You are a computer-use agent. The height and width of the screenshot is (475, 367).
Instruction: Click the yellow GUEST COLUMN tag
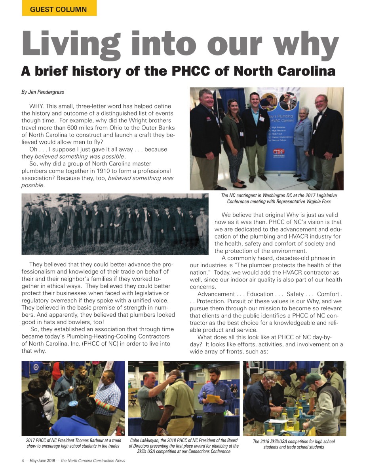click(x=59, y=9)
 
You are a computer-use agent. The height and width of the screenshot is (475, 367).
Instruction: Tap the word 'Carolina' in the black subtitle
click(x=301, y=71)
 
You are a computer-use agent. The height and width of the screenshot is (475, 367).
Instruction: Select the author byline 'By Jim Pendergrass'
click(x=43, y=92)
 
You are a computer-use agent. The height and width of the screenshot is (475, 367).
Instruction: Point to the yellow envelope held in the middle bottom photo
click(x=214, y=398)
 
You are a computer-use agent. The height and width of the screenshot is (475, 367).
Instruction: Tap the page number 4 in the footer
click(x=23, y=460)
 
